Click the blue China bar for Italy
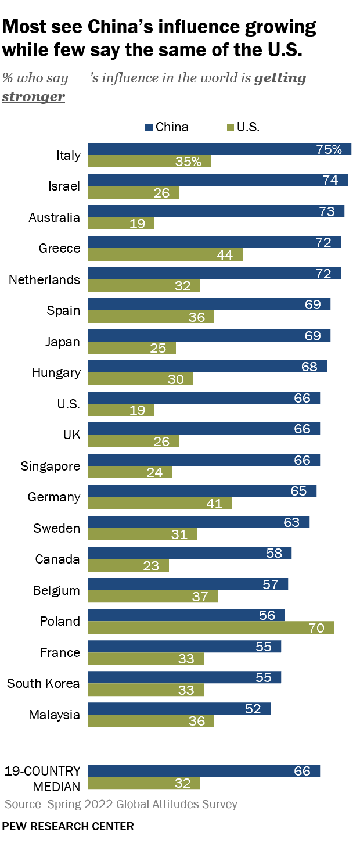(x=219, y=149)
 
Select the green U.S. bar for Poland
(x=211, y=627)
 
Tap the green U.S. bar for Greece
(x=165, y=254)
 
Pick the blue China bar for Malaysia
(x=179, y=709)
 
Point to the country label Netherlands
(x=44, y=279)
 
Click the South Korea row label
(x=43, y=683)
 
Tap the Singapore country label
(x=50, y=466)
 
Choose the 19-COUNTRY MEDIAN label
(x=42, y=777)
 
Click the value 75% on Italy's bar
(x=329, y=149)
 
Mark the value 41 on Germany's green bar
(x=214, y=503)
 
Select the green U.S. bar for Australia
(x=121, y=224)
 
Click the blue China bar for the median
(x=204, y=771)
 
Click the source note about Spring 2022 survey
(x=122, y=805)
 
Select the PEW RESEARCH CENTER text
(x=68, y=826)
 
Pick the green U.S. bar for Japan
(x=131, y=347)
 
